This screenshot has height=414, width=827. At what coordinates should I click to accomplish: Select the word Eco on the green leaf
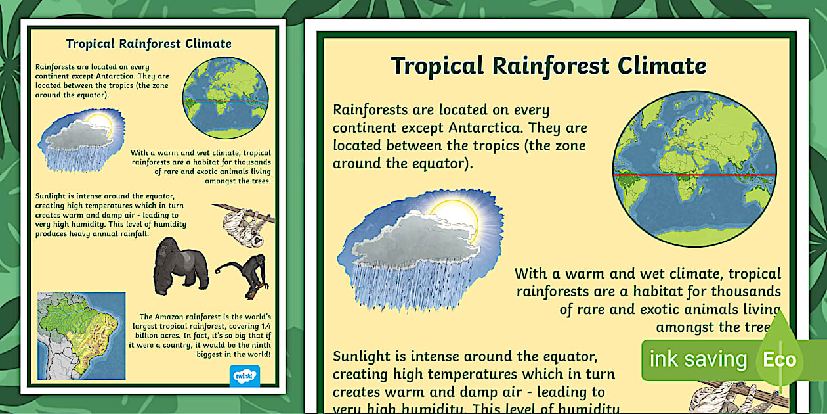[779, 359]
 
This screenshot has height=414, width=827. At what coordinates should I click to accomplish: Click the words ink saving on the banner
[698, 359]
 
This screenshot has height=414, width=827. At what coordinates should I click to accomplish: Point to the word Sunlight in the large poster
[364, 357]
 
